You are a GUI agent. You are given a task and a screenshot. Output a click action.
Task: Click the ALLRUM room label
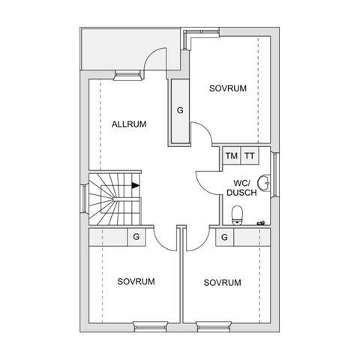128,124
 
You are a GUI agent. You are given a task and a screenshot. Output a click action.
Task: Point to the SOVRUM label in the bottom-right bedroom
222,283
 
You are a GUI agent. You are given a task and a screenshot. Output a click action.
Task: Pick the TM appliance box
232,156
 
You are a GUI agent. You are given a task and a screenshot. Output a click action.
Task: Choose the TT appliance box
250,156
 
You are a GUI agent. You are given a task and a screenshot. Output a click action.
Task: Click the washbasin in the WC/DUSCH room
264,183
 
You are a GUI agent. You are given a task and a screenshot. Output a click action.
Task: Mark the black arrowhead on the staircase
134,185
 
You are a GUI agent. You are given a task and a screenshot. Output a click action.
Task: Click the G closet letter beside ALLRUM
180,110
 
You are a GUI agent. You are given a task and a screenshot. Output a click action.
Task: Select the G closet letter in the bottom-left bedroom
136,237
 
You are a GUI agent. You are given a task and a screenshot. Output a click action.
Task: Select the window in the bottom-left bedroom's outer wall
148,325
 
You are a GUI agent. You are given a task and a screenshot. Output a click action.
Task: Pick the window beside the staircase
84,199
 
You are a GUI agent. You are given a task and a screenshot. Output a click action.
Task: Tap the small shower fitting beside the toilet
261,222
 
